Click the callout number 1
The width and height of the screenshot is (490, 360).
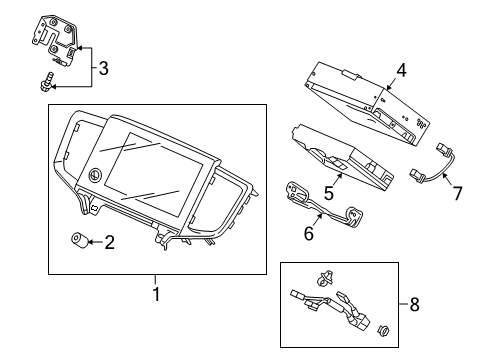click(x=155, y=293)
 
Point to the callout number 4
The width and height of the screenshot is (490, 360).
click(x=400, y=71)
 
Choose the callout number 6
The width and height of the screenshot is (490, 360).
click(x=309, y=232)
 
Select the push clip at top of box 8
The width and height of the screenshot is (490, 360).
click(x=322, y=275)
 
